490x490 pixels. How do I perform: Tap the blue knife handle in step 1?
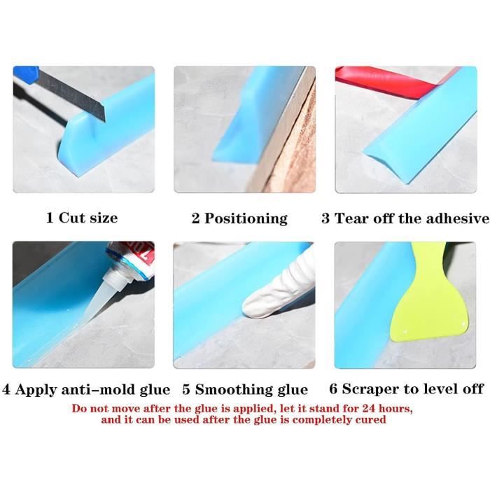26,74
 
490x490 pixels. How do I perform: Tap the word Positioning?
246,218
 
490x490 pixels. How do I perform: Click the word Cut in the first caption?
70,218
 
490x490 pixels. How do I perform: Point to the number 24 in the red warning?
370,408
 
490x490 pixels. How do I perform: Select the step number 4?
6,390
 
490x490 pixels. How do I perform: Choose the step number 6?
333,389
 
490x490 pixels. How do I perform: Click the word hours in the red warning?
394,408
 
